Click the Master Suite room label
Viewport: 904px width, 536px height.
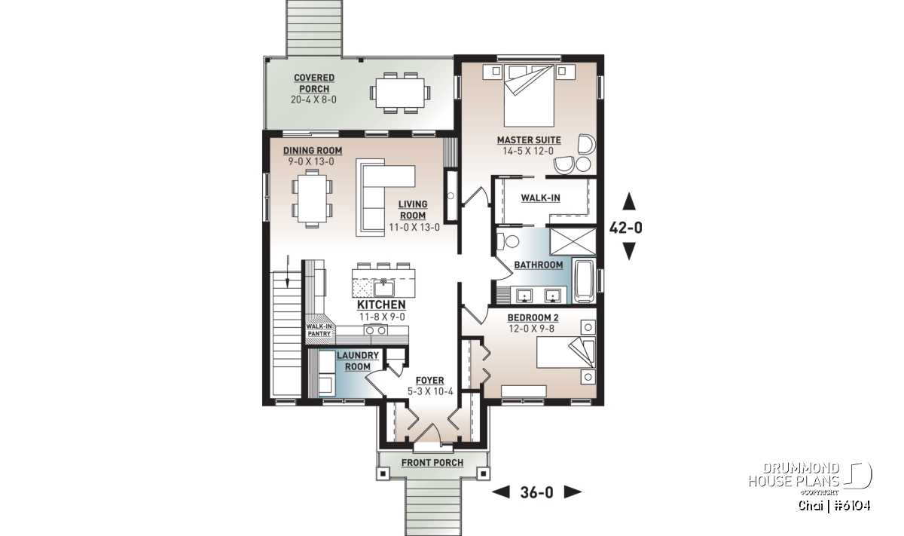click(529, 140)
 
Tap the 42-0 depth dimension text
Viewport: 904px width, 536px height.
click(625, 228)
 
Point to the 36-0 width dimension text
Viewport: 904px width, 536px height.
click(536, 492)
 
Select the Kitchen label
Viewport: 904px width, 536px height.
click(381, 305)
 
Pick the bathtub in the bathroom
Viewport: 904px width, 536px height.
click(585, 281)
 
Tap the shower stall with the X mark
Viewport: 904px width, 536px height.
click(573, 242)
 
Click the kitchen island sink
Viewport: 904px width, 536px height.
click(383, 289)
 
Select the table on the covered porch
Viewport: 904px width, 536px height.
click(400, 93)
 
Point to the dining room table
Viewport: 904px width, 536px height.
click(313, 198)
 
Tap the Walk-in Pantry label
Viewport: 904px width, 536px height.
click(319, 330)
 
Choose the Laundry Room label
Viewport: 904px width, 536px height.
click(358, 361)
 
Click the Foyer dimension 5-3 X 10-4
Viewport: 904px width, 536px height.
click(430, 391)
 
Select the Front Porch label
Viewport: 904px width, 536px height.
click(432, 463)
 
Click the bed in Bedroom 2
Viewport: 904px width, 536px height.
click(566, 352)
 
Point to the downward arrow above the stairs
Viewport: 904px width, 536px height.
click(288, 271)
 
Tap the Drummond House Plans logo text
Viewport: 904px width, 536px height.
click(794, 475)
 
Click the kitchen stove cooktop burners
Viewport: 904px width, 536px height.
click(376, 330)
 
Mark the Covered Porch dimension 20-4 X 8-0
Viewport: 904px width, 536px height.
click(313, 100)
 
